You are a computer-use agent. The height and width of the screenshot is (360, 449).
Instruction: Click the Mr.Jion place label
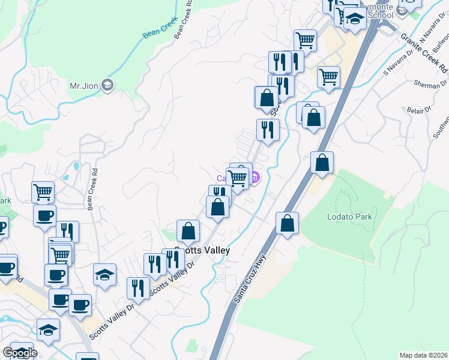(x=83, y=86)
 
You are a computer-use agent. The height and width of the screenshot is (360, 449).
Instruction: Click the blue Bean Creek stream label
(x=157, y=29)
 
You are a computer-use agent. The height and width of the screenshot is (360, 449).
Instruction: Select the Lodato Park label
(x=350, y=217)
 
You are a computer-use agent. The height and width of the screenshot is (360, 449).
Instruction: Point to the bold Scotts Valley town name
(x=202, y=250)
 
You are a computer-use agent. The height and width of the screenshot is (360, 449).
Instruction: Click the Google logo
(x=20, y=353)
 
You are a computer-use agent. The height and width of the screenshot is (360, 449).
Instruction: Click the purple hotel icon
(x=255, y=177)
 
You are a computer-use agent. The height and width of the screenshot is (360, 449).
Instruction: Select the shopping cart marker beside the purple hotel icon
(x=238, y=178)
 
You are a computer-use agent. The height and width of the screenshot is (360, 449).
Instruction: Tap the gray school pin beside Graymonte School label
(x=402, y=8)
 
